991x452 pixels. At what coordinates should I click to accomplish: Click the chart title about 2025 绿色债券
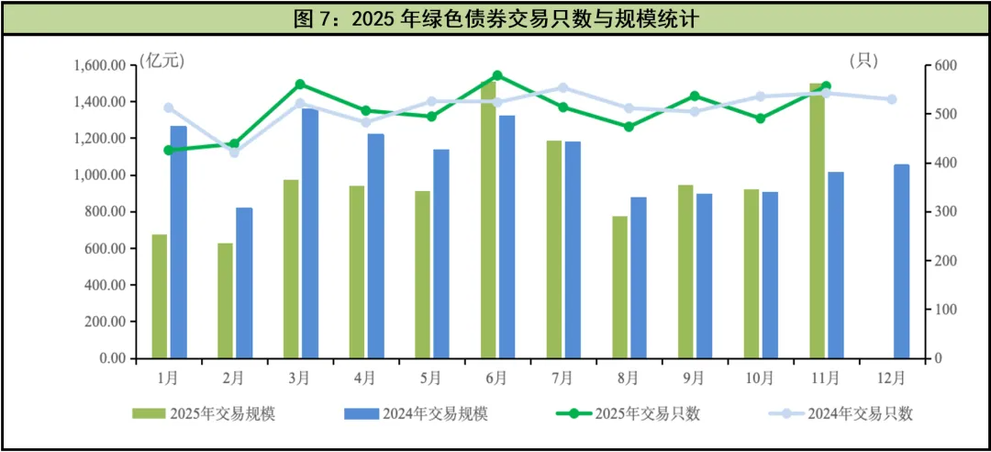(495, 19)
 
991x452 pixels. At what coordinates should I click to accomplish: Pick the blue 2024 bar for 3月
(310, 233)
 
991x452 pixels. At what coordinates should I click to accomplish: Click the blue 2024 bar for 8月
(639, 277)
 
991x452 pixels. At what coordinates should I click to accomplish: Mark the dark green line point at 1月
(168, 150)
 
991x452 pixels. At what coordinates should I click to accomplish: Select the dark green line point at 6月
(497, 75)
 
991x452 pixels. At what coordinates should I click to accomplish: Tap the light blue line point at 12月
(892, 99)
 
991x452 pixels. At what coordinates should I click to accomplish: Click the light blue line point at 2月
(234, 153)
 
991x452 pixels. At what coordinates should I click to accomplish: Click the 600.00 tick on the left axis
(103, 249)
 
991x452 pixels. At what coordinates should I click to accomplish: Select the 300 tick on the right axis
(945, 212)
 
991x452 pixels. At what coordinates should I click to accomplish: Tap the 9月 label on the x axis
(694, 377)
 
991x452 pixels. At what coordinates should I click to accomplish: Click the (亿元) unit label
(162, 62)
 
